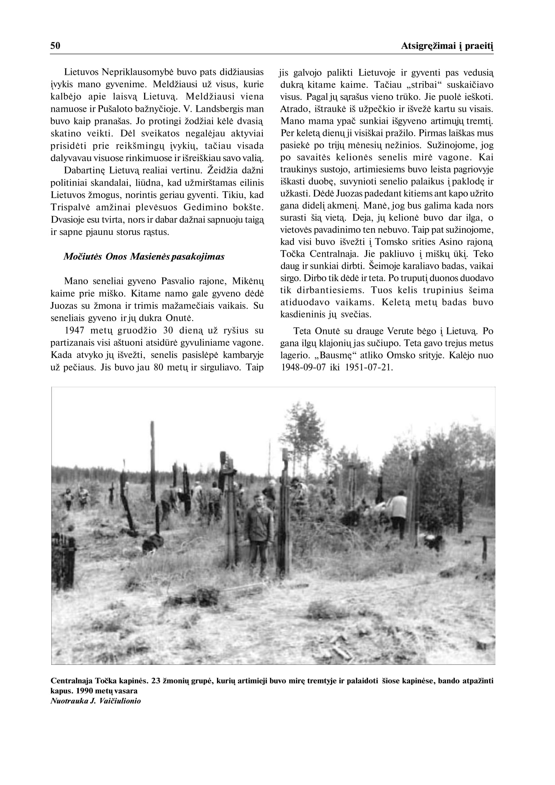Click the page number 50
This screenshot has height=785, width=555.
pos(55,46)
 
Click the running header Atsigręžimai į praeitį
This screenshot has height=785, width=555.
pos(447,46)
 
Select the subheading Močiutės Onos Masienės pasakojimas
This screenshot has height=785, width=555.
pos(144,257)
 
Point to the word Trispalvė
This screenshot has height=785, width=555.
pos(70,208)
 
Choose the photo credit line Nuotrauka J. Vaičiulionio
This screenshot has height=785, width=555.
pos(96,701)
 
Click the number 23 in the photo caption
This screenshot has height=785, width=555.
pos(156,681)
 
